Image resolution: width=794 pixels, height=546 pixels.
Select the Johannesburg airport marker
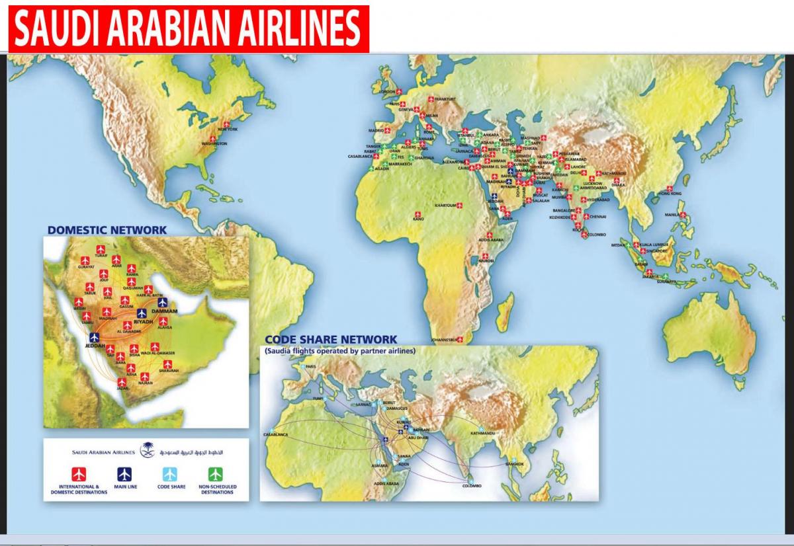460,340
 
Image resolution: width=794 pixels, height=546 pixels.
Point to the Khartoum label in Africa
445,206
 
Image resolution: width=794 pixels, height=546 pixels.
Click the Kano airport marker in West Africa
418,214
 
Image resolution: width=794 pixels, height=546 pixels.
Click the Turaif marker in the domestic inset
101,250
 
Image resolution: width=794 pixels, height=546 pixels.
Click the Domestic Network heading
107,230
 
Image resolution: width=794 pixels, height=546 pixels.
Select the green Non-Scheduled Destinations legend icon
216,474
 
